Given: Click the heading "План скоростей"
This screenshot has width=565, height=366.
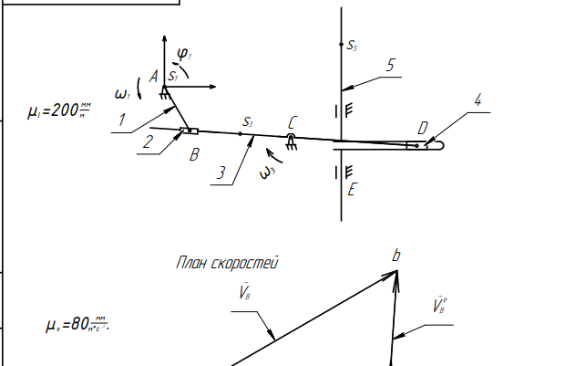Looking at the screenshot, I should coord(226,263).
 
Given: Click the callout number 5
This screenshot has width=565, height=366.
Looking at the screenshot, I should coord(390,66).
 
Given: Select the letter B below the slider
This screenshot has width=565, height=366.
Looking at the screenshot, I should coord(194,154).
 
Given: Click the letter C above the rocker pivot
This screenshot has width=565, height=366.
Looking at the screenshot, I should coord(292,122).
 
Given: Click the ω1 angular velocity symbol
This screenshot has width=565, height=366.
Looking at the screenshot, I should coord(122,94).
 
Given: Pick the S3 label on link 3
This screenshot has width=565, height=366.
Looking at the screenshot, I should coord(247,121).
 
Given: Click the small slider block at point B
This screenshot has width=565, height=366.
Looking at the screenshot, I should coord(189,131).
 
